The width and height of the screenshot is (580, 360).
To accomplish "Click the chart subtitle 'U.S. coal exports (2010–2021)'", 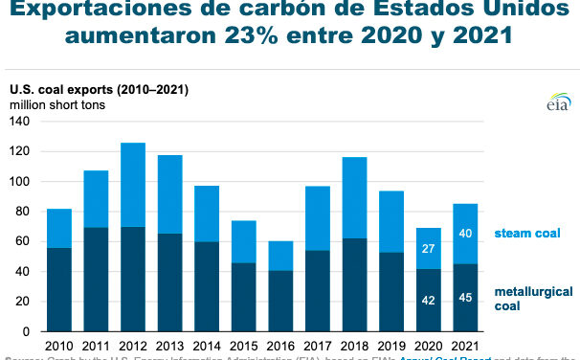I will point(100,90).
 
